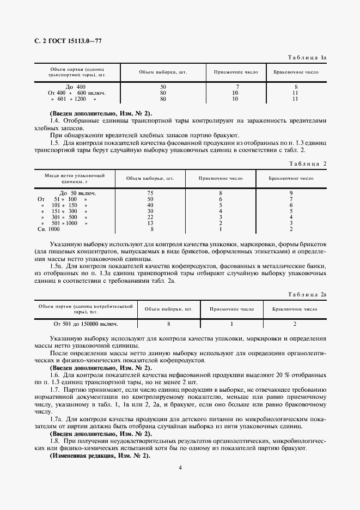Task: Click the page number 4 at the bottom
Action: click(x=180, y=466)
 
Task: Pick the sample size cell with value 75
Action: click(x=151, y=193)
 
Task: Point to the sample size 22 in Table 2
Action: click(x=151, y=217)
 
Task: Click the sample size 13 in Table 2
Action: click(x=151, y=223)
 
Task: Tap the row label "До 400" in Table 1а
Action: click(x=76, y=87)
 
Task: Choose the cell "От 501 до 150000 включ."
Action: click(x=84, y=324)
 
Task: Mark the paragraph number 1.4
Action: click(x=53, y=120)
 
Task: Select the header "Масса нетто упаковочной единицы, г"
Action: click(x=75, y=178)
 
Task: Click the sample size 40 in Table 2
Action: click(x=151, y=205)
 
